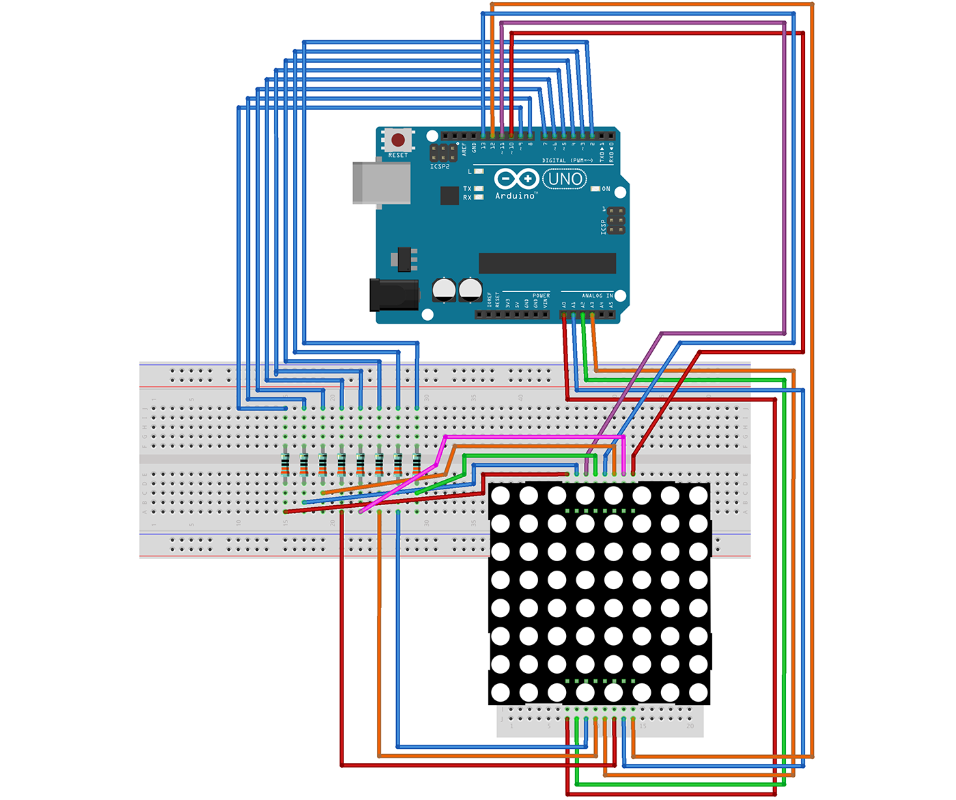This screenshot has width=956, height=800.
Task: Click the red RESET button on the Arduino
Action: tap(397, 140)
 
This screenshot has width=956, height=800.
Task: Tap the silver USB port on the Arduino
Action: tap(381, 182)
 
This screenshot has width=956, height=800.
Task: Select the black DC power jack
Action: tap(393, 295)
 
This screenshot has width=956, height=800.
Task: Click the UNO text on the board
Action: tap(565, 180)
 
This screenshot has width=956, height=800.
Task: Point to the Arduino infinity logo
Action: tap(516, 180)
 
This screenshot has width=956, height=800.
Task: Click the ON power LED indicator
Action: tap(595, 188)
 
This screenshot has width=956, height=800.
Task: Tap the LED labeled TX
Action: tap(479, 188)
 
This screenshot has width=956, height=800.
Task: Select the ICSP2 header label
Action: tap(440, 167)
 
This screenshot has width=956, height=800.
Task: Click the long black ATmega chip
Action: tap(547, 263)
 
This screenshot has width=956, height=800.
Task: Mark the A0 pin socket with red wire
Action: tap(564, 315)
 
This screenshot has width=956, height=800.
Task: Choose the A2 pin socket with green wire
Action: tap(582, 315)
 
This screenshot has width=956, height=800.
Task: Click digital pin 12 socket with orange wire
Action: tap(492, 135)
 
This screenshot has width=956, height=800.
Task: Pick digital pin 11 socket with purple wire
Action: tap(502, 135)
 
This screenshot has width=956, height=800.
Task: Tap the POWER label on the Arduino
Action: tap(541, 296)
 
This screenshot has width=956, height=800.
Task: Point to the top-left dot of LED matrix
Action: tap(501, 495)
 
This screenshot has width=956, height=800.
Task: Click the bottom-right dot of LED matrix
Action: tap(698, 692)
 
